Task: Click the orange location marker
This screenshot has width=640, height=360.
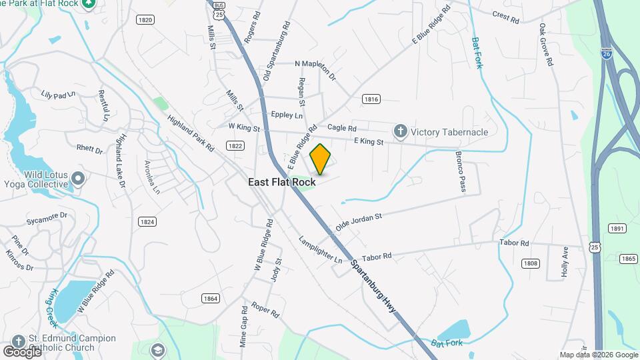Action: coord(321,159)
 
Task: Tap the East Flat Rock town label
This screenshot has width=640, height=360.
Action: coord(282,182)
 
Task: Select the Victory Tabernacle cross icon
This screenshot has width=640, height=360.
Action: coord(400,131)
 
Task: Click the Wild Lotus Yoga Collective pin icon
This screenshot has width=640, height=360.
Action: coord(79,179)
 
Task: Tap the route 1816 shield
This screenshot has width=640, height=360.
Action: coord(371,99)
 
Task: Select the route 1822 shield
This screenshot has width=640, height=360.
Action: coord(235,145)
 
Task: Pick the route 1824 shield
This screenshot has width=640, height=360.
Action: coord(147,221)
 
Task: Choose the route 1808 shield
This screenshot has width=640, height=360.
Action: coord(531,263)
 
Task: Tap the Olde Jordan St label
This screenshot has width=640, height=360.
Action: coord(358,222)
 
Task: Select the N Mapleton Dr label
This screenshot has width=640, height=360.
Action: coord(316,64)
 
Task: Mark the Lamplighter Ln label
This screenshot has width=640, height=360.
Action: coord(320,249)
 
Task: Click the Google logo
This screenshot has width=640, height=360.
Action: coord(23,351)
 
